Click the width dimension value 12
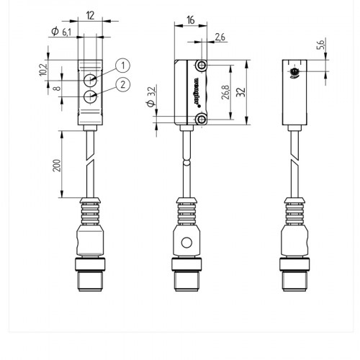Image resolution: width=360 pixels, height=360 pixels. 91,15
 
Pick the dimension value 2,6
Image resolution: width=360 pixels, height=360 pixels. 220,36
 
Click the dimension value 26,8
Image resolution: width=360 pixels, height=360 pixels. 225,91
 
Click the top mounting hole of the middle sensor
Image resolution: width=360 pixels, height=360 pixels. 202,66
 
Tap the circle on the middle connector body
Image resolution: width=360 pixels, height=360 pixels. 186,243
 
